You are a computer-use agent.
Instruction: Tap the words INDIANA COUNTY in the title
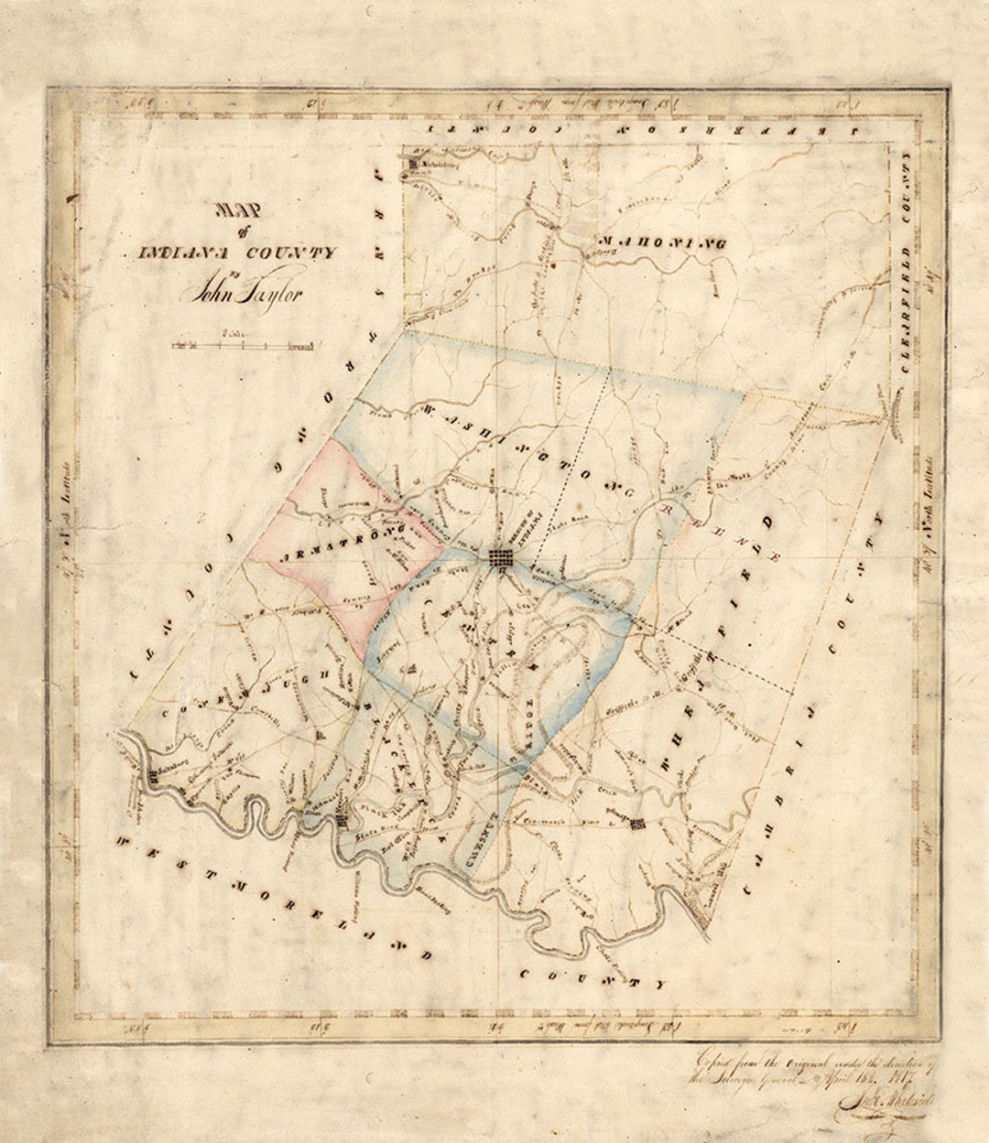pyautogui.click(x=237, y=253)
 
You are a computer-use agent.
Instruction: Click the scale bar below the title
pyautogui.click(x=244, y=345)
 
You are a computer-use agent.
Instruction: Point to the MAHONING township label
pyautogui.click(x=661, y=243)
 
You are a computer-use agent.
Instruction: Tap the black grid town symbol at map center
pyautogui.click(x=501, y=557)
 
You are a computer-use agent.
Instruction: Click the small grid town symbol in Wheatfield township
pyautogui.click(x=638, y=823)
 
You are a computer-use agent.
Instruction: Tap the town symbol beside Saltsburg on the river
pyautogui.click(x=150, y=777)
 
